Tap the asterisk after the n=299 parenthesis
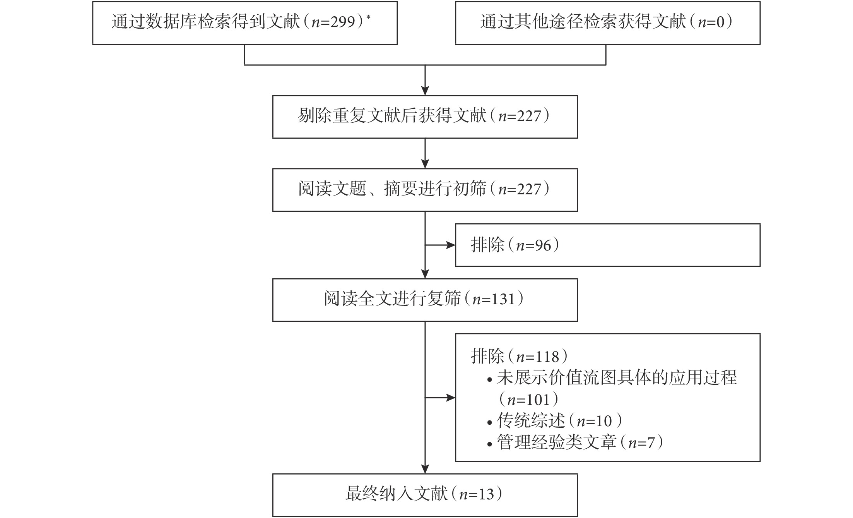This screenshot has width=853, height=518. (x=368, y=17)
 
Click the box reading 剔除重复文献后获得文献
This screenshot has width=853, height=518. (x=425, y=117)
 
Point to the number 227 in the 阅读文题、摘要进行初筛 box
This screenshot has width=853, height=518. (x=529, y=190)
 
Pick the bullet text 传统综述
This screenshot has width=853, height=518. (x=531, y=421)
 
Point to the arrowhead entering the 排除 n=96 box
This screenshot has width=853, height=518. (x=451, y=245)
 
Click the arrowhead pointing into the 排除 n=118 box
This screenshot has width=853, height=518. (x=451, y=398)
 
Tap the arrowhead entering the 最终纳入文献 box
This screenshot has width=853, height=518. (x=425, y=469)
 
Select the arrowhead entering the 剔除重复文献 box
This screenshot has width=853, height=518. (x=425, y=91)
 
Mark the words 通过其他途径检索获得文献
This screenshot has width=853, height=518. (x=583, y=22)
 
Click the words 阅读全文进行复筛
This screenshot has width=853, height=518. (x=392, y=300)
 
